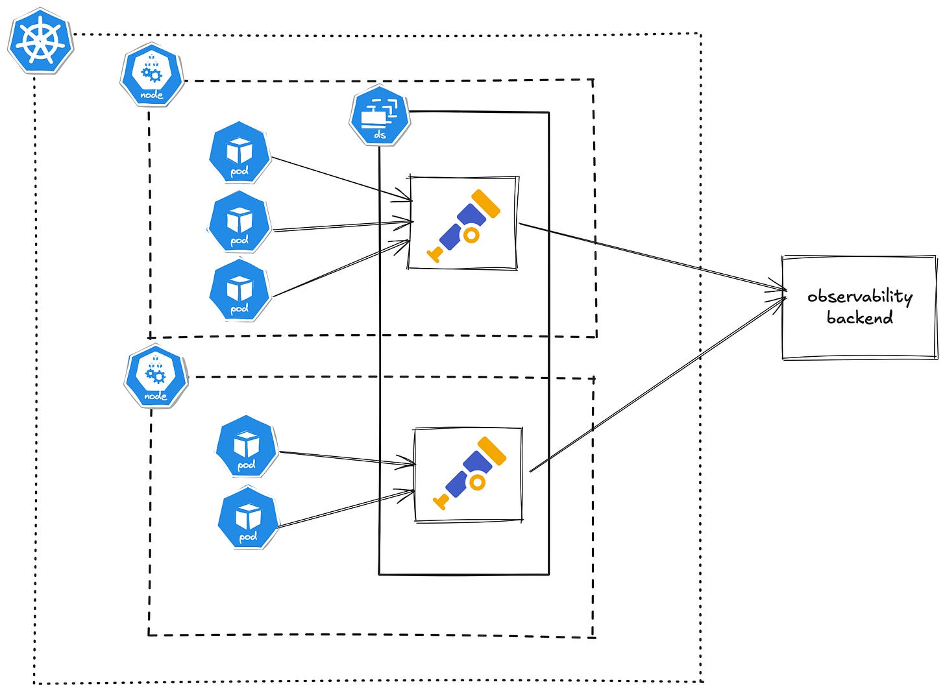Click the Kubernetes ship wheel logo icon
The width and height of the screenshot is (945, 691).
(x=40, y=40)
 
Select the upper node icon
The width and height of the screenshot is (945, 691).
(x=152, y=75)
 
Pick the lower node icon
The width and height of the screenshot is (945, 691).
(x=156, y=376)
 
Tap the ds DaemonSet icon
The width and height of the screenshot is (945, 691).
(x=380, y=115)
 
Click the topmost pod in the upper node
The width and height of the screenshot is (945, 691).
(x=239, y=153)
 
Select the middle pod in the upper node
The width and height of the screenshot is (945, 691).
(x=239, y=223)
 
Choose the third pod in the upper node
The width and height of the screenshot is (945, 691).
(x=239, y=290)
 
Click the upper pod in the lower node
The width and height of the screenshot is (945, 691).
(x=247, y=447)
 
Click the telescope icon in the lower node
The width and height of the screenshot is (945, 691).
(x=469, y=473)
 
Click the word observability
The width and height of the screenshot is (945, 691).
(x=859, y=297)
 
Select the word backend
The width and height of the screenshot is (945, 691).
(x=859, y=318)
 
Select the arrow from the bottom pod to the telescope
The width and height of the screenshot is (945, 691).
(x=344, y=509)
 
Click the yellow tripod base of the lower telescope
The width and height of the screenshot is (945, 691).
(x=441, y=500)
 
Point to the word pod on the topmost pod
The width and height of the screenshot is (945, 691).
(x=239, y=172)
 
